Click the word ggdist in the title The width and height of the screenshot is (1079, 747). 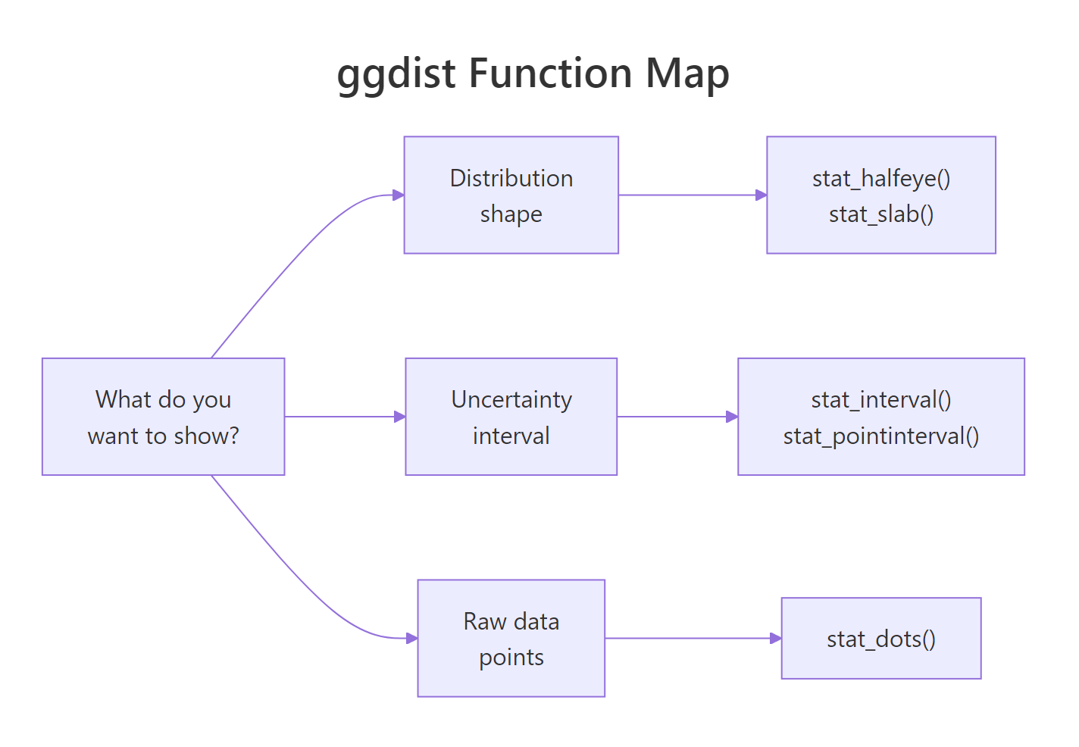pyautogui.click(x=396, y=74)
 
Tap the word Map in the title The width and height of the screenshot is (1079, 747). pyautogui.click(x=687, y=74)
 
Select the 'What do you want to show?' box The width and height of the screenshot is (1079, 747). pyautogui.click(x=163, y=417)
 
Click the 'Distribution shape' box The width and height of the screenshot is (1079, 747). pyautogui.click(x=511, y=195)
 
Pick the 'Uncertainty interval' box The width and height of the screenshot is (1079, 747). pyautogui.click(x=511, y=417)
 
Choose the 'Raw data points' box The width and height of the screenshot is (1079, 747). pyautogui.click(x=511, y=638)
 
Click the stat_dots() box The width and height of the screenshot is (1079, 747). pyautogui.click(x=880, y=638)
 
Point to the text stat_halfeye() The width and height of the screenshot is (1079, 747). pyautogui.click(x=880, y=178)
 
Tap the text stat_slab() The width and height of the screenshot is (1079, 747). pyautogui.click(x=880, y=214)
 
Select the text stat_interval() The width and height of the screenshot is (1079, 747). pyautogui.click(x=880, y=399)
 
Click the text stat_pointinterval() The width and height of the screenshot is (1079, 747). pyautogui.click(x=880, y=436)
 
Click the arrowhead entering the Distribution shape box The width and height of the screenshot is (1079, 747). pyautogui.click(x=399, y=195)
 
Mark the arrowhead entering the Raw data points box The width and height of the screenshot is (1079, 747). pyautogui.click(x=412, y=638)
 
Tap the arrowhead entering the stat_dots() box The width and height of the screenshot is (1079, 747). pyautogui.click(x=776, y=638)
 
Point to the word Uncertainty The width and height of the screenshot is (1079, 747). pyautogui.click(x=511, y=399)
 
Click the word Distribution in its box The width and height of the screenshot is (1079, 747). pyautogui.click(x=511, y=178)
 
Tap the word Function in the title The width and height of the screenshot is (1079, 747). pyautogui.click(x=550, y=74)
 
